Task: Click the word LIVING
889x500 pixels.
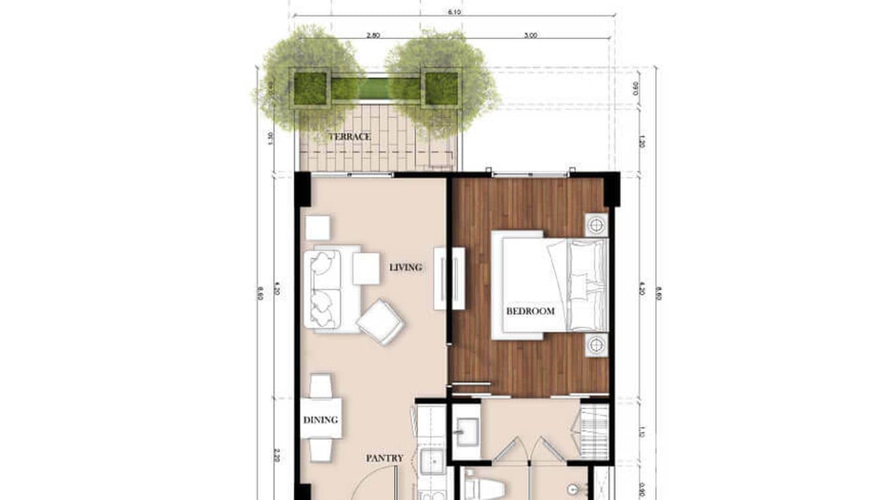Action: pos(405,267)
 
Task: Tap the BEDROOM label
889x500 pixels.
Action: pos(530,310)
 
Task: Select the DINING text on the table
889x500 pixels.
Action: pos(321,420)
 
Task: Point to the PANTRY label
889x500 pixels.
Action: pos(384,458)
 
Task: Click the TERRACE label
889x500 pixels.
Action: pos(350,137)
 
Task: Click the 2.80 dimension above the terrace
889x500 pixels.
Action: pos(372,36)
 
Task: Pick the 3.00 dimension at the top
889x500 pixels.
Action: pos(530,36)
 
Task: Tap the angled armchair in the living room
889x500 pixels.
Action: pos(380,322)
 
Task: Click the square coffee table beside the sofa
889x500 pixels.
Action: pos(366,269)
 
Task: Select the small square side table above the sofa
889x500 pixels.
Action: pos(317,227)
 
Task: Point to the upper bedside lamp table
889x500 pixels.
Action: pos(596,225)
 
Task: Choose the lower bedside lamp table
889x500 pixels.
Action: pos(596,345)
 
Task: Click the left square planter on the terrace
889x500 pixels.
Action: pos(310,88)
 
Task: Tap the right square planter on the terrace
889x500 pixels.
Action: pos(441,88)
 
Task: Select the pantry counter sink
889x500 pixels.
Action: pos(433,459)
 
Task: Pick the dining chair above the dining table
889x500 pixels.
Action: pos(321,385)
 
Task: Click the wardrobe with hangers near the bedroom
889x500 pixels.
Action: pos(594,431)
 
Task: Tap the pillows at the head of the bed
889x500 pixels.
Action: pos(587,285)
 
